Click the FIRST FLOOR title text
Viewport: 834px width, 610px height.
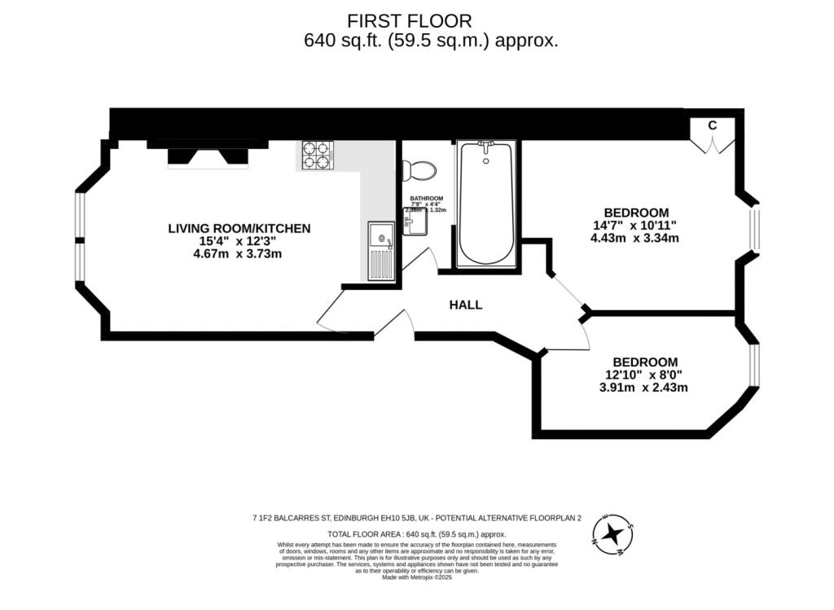[x=410, y=20]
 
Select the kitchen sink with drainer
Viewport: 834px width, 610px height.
[x=380, y=251]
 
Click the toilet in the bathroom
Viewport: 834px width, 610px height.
[x=419, y=169]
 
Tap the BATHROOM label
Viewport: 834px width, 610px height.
[x=426, y=199]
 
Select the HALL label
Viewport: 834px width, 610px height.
[x=466, y=305]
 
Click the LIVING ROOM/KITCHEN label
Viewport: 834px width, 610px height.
[x=239, y=228]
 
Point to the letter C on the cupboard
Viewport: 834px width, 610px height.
[x=712, y=125]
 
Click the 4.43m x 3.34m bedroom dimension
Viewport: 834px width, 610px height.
[x=634, y=239]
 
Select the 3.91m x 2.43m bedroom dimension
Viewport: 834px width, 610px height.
[x=643, y=388]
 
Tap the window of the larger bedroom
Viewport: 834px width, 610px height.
[x=755, y=229]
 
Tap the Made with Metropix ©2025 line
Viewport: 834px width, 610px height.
[x=416, y=577]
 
